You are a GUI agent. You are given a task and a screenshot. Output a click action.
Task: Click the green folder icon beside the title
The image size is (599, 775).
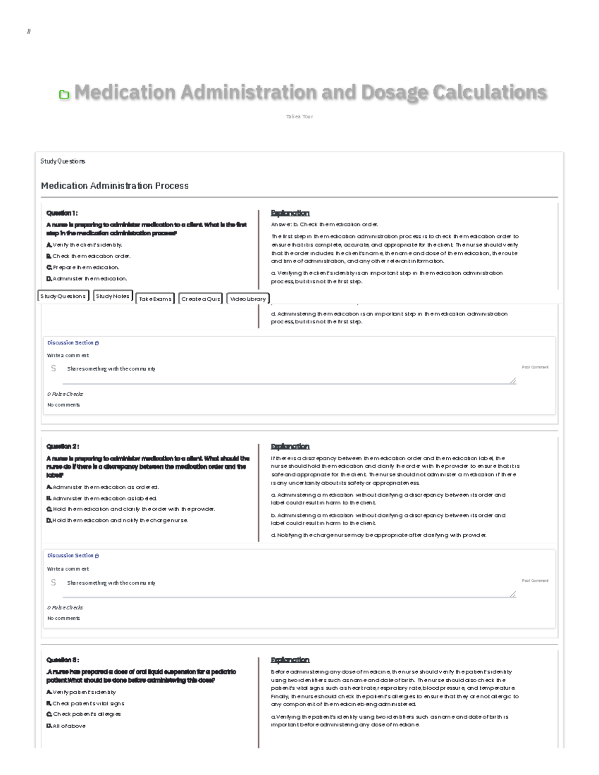64,94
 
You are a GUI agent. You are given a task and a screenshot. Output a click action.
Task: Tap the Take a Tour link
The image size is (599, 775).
299,117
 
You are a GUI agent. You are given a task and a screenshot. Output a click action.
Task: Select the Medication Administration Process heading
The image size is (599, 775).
115,186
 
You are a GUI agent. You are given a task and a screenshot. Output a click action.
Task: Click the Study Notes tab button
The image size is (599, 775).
113,296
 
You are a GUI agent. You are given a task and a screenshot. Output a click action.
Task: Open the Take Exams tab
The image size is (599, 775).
155,299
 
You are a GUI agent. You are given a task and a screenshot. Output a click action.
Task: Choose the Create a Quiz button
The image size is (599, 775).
201,299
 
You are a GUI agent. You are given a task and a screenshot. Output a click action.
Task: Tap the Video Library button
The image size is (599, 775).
248,299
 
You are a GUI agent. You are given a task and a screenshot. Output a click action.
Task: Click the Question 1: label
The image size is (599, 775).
62,213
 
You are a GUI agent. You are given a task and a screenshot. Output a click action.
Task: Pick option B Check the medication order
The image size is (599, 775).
88,256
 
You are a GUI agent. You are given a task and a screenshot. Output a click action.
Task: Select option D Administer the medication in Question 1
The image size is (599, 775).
87,278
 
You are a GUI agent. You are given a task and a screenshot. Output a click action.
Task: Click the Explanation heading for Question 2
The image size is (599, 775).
290,447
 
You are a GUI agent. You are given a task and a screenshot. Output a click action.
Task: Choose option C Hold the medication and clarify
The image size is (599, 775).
131,509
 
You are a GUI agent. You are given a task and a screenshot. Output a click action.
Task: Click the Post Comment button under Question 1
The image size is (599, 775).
535,367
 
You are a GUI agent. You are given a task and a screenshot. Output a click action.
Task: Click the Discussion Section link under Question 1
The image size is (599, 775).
73,343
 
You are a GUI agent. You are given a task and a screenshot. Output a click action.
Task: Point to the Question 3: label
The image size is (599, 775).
62,660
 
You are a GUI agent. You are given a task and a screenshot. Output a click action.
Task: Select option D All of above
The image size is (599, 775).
66,726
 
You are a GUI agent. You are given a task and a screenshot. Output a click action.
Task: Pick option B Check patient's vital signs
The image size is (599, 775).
85,704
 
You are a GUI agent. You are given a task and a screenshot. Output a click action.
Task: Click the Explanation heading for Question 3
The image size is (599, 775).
290,660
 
